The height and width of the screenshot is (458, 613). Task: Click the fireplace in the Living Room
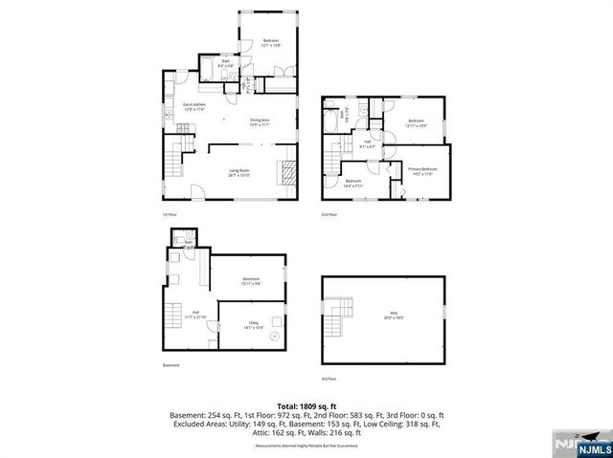pos(288,173)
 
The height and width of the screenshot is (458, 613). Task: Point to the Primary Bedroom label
pos(420,171)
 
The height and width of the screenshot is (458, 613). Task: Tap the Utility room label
pos(254,325)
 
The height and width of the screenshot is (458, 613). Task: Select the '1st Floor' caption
pos(169,214)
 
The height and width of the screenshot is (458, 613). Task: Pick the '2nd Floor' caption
pos(329,214)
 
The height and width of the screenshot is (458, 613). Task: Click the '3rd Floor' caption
pos(329,381)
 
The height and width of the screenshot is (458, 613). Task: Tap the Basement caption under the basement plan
pos(170,364)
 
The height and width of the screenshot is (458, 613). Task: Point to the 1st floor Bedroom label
pos(270,42)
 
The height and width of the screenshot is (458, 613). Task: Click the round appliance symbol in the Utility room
pos(275,337)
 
